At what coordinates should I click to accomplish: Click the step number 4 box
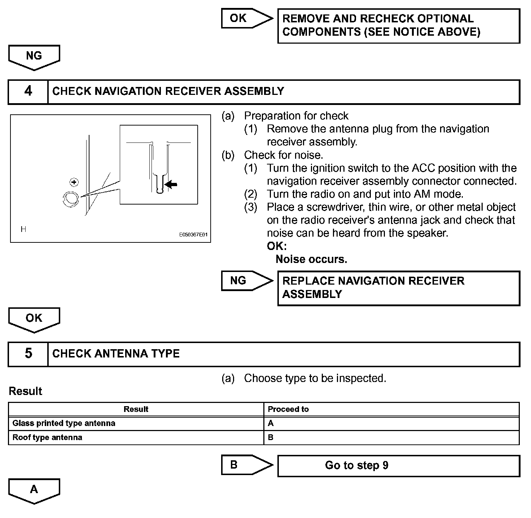pyautogui.click(x=28, y=92)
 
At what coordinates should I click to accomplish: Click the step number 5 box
pyautogui.click(x=28, y=354)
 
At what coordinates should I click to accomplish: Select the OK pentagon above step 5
pyautogui.click(x=34, y=319)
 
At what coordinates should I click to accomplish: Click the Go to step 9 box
pyautogui.click(x=398, y=466)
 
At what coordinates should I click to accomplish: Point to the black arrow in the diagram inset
pyautogui.click(x=171, y=185)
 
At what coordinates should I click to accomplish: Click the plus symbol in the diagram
pyautogui.click(x=74, y=182)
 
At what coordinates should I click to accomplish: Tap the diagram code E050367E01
pyautogui.click(x=193, y=235)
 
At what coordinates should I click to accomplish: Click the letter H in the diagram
pyautogui.click(x=23, y=229)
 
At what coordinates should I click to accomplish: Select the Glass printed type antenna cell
pyautogui.click(x=136, y=423)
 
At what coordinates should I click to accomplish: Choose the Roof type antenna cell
pyautogui.click(x=136, y=438)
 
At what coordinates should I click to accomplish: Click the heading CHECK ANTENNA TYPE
pyautogui.click(x=116, y=354)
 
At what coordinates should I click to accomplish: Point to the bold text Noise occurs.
pyautogui.click(x=311, y=259)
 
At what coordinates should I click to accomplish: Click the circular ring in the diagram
pyautogui.click(x=71, y=199)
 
